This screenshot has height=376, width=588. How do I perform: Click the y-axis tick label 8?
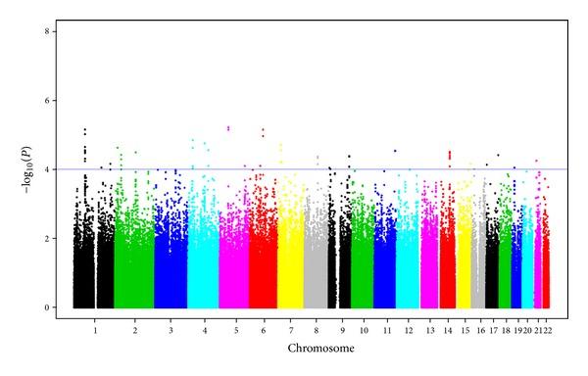tap(48, 31)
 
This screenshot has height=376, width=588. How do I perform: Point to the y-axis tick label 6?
tap(48, 100)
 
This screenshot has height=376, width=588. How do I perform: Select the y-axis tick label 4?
tap(48, 169)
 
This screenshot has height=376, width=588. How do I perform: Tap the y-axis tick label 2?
tap(48, 238)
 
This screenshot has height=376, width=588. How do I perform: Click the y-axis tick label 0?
tap(48, 307)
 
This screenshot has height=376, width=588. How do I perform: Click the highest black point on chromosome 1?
tap(85, 129)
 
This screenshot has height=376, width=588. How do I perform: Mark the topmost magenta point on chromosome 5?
tap(228, 127)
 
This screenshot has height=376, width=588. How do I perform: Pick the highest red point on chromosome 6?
tap(263, 129)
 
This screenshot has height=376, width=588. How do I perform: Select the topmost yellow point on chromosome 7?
tap(281, 145)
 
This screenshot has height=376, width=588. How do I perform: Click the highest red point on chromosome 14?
tap(449, 152)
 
